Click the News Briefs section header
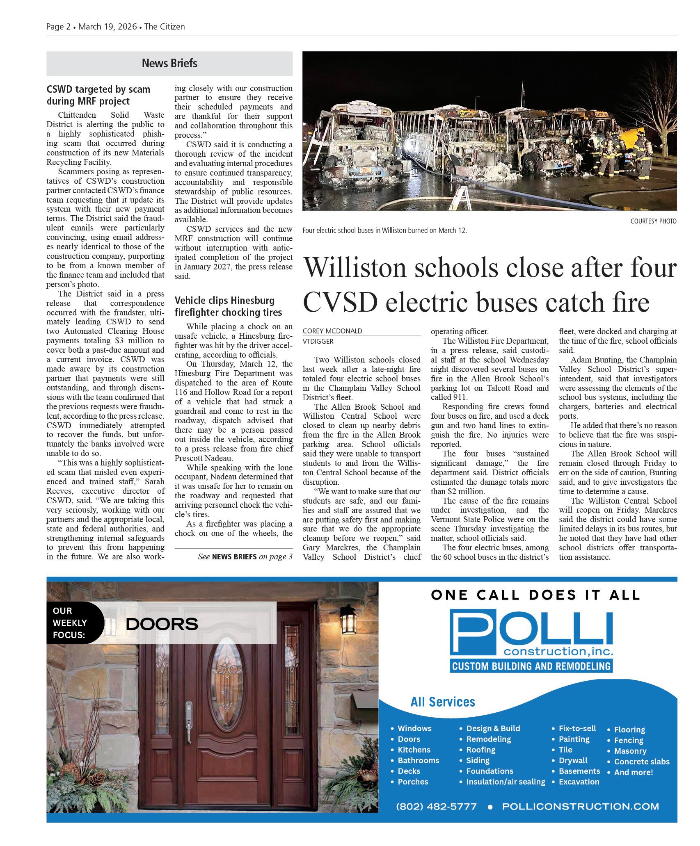coord(169,63)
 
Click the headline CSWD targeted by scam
coord(98,95)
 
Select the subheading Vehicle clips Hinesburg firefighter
coord(228,306)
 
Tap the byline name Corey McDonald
coord(332,331)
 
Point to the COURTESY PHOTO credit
coord(653,221)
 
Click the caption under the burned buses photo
coord(384,230)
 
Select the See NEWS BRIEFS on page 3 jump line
coord(245,556)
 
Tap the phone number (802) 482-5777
coord(436,806)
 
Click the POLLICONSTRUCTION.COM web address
coord(580,806)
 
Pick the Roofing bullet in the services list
coord(480,750)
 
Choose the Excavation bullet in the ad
coord(579,782)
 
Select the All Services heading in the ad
coord(443,702)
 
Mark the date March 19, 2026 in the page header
coord(107,27)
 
